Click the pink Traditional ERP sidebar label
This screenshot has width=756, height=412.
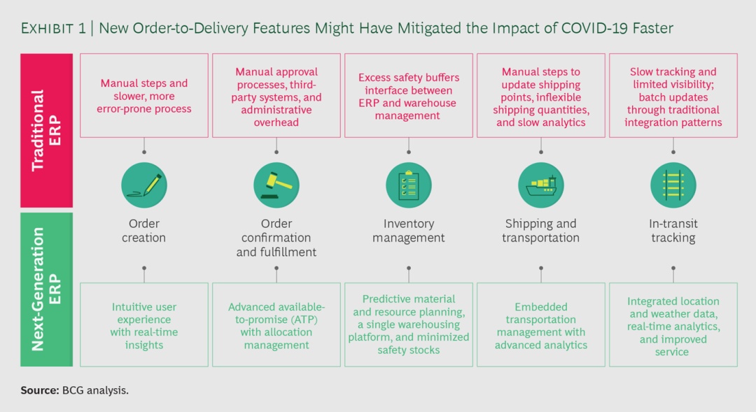coord(46,130)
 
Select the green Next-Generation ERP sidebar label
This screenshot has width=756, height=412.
coord(46,290)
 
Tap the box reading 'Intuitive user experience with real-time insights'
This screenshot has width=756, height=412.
coord(144,325)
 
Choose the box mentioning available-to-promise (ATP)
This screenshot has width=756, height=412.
coord(276,325)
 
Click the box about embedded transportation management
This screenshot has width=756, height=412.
coord(540,325)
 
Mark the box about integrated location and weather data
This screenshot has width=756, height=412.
coord(673,325)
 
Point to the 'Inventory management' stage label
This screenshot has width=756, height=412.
coord(409,231)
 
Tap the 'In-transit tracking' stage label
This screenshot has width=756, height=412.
coord(673,231)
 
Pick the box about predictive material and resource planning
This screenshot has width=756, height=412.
coord(409,325)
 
